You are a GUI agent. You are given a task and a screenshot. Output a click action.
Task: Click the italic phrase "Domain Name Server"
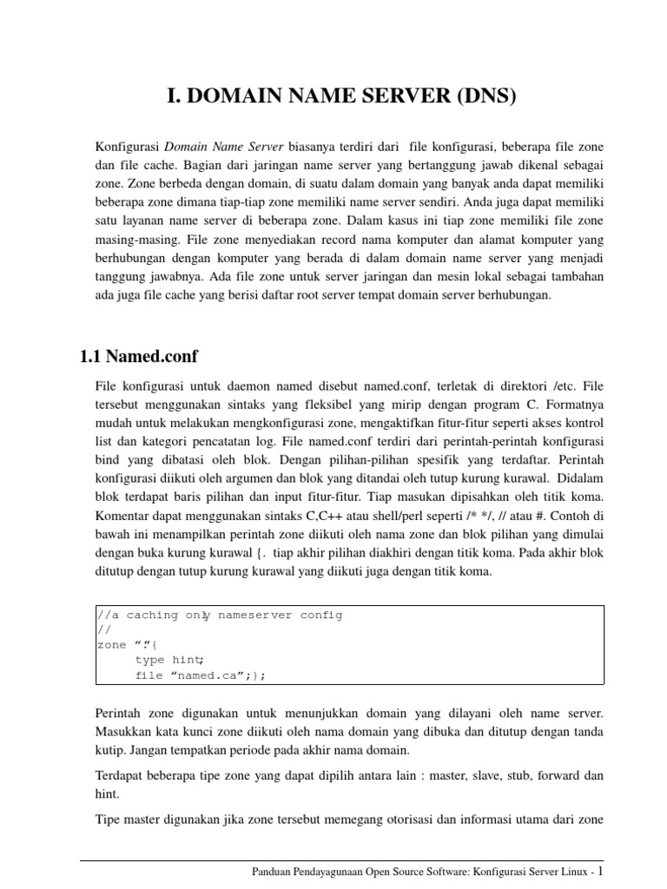pyautogui.click(x=212, y=144)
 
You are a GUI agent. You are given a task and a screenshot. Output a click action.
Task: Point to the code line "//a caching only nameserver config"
pyautogui.click(x=219, y=615)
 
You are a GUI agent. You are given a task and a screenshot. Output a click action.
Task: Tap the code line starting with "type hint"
pyautogui.click(x=169, y=660)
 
